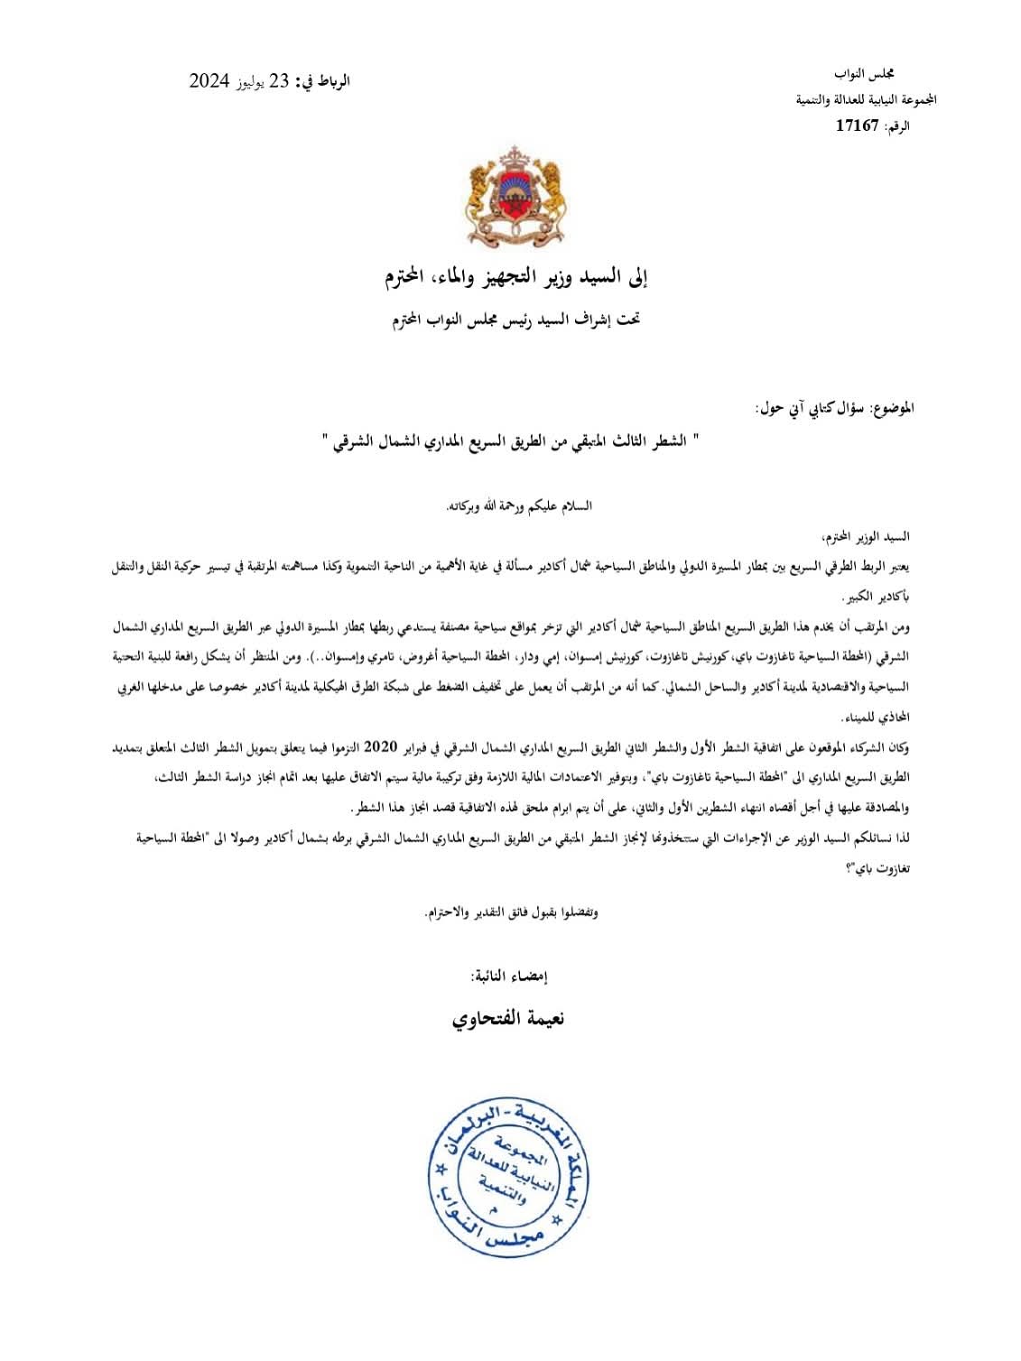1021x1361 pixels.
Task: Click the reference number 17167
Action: (857, 125)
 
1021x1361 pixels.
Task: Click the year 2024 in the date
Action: (209, 81)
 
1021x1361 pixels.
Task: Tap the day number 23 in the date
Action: (280, 81)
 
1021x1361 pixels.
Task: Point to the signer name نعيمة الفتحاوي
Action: (508, 1018)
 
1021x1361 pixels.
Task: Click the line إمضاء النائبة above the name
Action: (509, 976)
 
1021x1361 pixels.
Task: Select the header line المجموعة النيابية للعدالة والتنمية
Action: (866, 99)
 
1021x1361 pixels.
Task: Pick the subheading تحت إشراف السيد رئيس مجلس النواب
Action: (515, 319)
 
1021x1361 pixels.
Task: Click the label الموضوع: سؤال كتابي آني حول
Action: (834, 408)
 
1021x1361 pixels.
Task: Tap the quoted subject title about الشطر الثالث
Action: (510, 441)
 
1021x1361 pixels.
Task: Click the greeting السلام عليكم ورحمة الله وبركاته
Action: (520, 505)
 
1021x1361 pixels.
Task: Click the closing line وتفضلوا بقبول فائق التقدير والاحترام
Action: (512, 912)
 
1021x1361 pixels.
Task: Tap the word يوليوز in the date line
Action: (253, 83)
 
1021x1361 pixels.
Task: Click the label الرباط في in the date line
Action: (323, 82)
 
